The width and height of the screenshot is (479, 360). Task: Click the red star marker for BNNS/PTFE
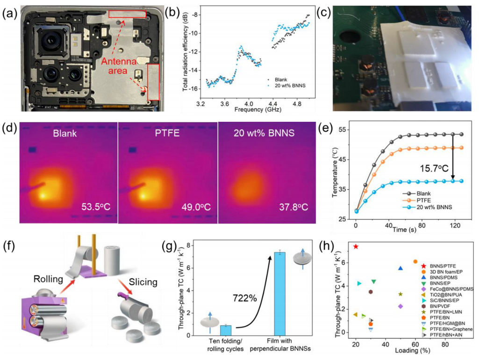coord(356,246)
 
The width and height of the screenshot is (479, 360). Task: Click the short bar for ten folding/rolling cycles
coord(226,330)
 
